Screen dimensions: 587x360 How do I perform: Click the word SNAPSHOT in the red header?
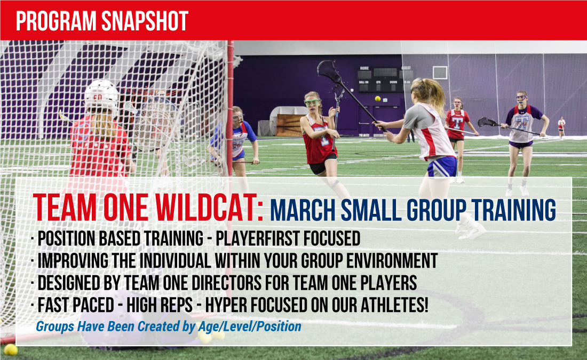pos(145,21)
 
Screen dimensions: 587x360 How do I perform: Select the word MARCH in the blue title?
pos(303,210)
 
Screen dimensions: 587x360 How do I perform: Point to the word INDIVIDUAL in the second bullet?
pos(175,260)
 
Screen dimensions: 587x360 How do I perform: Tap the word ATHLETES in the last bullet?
pos(392,305)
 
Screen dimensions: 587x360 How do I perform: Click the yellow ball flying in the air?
pos(378,99)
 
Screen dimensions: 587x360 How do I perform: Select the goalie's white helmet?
pos(101,96)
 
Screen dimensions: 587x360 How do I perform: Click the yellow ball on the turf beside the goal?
pos(10,349)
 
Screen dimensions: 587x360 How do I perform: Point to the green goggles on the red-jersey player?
pos(312,102)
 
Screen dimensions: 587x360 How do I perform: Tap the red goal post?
pos(230,108)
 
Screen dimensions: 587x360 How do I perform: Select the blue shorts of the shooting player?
pos(442,167)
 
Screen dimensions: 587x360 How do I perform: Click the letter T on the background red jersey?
pos(457,122)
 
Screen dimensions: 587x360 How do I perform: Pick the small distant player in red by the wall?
pos(561,127)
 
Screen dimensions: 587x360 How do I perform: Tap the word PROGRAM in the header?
pos(56,21)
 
